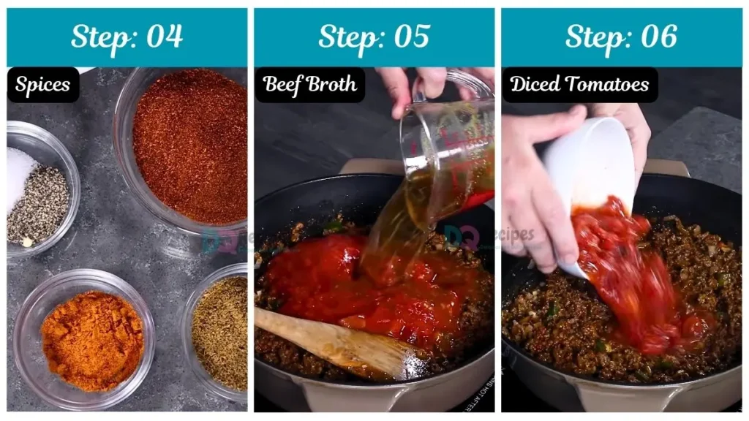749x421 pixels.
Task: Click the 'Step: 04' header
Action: (127, 37)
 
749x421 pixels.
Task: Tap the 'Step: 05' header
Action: (374, 37)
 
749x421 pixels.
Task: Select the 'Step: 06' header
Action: (621, 37)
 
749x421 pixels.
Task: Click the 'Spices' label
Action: (43, 85)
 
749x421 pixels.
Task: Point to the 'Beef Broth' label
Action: (310, 85)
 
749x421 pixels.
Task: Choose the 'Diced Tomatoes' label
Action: (579, 85)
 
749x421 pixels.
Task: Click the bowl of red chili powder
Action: (190, 146)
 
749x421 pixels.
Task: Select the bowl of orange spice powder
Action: (91, 340)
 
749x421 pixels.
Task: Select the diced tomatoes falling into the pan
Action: (629, 278)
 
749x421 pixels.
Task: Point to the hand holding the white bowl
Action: (538, 190)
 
